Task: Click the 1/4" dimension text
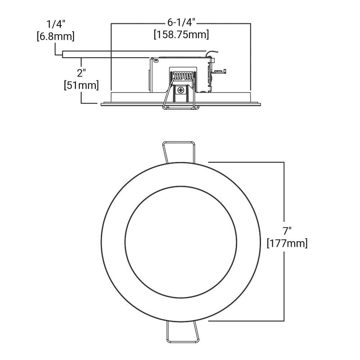pyautogui.click(x=56, y=24)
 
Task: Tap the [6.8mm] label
pyautogui.click(x=56, y=36)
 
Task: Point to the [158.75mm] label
pyautogui.click(x=181, y=35)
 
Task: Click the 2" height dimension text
pyautogui.click(x=81, y=73)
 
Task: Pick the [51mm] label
pyautogui.click(x=81, y=85)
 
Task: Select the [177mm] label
pyautogui.click(x=287, y=243)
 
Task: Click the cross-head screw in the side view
pyautogui.click(x=181, y=90)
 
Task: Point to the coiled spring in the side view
pyautogui.click(x=183, y=76)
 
